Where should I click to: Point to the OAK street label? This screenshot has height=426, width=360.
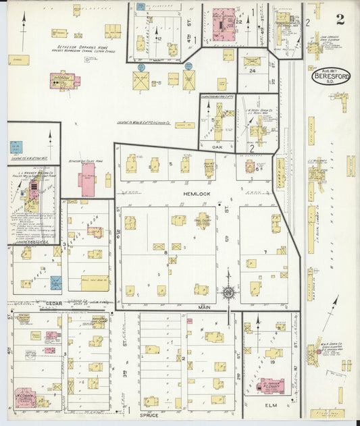[217, 147]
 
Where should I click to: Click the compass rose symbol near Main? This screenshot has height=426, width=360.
[228, 292]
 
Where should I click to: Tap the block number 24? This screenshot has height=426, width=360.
[252, 70]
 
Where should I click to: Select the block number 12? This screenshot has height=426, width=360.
[159, 38]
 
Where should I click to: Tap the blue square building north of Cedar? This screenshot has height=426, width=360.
[55, 282]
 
